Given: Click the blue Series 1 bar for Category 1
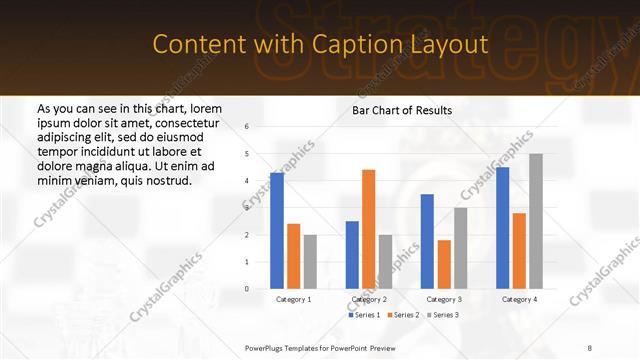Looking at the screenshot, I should click(277, 231).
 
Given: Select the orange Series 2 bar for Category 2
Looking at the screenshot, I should click(369, 229).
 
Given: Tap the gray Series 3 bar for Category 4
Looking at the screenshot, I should click(537, 221).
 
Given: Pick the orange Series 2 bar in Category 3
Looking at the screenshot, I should click(444, 264).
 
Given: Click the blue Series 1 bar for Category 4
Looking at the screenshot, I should click(503, 228).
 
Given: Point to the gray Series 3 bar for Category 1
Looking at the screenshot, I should click(310, 262).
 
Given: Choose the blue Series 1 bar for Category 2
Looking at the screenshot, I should click(352, 255).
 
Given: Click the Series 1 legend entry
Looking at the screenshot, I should click(364, 315).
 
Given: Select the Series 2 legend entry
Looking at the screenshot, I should click(402, 315).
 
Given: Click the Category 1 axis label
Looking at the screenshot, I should click(293, 299).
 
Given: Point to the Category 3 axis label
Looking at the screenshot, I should click(444, 299).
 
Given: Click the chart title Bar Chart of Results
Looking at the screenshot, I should click(402, 110).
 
